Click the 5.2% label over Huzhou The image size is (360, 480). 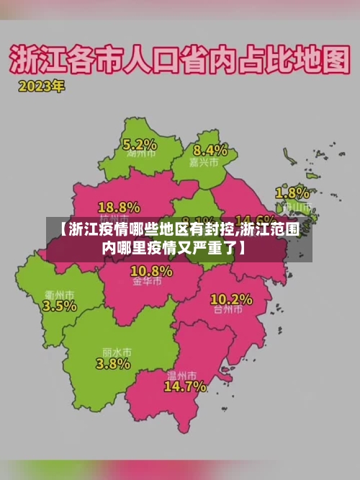pos(140,143)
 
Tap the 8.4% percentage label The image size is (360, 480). pos(210,151)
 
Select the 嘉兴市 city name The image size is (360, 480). pos(209,163)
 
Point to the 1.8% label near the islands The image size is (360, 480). pos(293,193)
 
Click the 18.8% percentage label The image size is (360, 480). pos(119,206)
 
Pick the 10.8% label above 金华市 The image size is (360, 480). pos(151,271)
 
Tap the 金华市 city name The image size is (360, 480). pos(147,283)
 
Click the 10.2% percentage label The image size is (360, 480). pos(231,299)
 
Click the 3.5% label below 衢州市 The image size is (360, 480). pos(60,306)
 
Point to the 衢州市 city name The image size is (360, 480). pos(60,294)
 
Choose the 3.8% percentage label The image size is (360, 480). pos(113,364)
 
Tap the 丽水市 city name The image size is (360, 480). pos(116,352)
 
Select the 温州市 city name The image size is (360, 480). pos(181,375)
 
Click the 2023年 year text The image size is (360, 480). pos(42,86)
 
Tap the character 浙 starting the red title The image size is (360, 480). pos(25,59)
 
